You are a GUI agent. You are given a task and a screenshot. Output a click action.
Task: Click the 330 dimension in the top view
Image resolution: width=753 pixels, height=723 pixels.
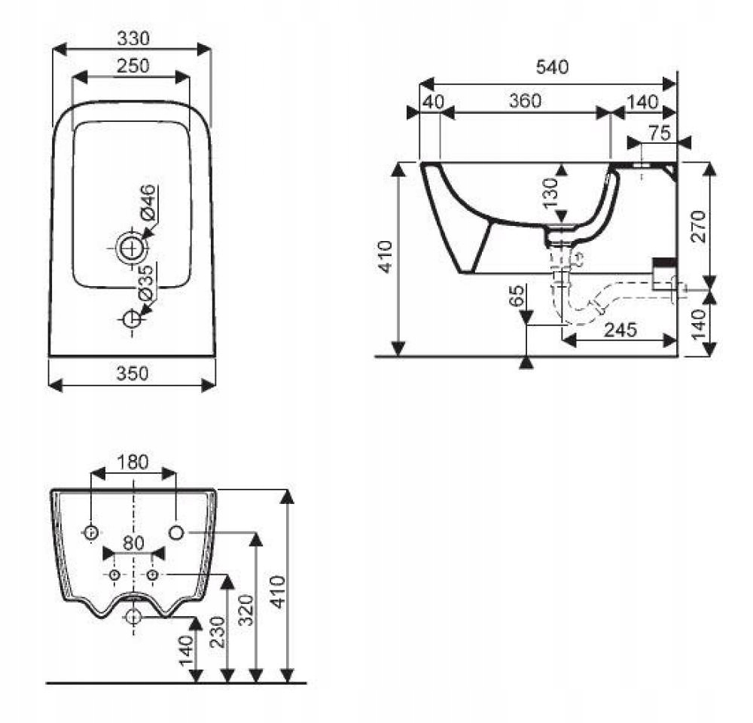(132, 37)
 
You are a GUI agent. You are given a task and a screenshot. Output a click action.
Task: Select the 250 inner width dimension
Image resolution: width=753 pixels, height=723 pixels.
(133, 66)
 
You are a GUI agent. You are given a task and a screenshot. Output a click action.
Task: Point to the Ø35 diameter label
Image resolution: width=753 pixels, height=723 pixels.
(148, 282)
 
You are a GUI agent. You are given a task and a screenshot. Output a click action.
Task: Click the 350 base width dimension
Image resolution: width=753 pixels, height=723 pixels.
(132, 373)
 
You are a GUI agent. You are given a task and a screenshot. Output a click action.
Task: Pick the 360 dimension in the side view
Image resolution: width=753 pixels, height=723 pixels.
(525, 101)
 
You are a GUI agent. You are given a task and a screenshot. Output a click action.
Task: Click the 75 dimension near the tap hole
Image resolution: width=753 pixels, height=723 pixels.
(659, 133)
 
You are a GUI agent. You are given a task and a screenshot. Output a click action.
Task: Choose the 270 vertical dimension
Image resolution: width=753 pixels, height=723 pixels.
(699, 227)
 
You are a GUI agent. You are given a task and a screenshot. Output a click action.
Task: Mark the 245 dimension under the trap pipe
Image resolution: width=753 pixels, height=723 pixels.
(619, 329)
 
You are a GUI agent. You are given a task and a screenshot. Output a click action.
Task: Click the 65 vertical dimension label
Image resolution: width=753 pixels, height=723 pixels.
(517, 297)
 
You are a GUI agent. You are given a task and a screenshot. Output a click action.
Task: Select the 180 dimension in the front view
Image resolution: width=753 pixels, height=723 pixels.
(133, 461)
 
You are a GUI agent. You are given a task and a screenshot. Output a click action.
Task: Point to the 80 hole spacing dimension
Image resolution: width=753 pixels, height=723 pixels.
(133, 541)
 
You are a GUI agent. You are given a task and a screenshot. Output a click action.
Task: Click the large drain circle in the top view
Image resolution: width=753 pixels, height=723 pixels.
(131, 246)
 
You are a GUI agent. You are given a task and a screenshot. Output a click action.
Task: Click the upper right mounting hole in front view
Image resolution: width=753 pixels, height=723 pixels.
(176, 532)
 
